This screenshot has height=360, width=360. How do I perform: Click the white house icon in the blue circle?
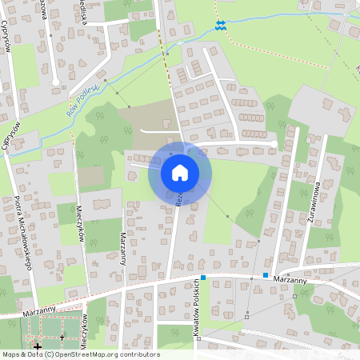[180, 172]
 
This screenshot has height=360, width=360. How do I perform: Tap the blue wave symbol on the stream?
[222, 26]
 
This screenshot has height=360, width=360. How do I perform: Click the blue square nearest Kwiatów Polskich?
[204, 278]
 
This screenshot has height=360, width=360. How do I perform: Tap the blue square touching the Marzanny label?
[265, 275]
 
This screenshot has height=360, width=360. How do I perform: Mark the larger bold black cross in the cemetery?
[37, 346]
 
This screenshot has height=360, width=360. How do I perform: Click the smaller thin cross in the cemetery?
[61, 338]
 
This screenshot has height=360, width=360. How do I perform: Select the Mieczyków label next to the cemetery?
[84, 327]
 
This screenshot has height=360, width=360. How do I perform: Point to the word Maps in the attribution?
[11, 354]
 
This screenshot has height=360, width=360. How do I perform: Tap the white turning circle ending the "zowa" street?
[54, 82]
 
